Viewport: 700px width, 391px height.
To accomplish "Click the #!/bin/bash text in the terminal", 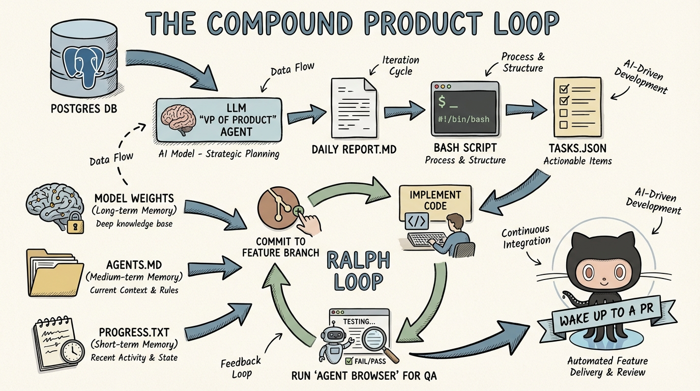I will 463,120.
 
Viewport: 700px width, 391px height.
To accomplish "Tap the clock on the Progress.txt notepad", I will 72,351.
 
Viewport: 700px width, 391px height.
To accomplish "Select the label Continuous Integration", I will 526,237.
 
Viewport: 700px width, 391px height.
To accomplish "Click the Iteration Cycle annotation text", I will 401,65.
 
